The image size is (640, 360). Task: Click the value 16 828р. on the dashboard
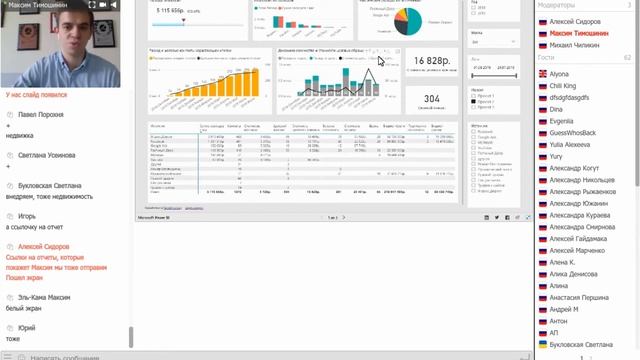click(433, 63)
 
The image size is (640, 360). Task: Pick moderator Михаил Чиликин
click(575, 45)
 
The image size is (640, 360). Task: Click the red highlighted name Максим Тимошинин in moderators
click(579, 33)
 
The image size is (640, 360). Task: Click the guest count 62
click(627, 58)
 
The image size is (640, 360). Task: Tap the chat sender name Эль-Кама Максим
click(44, 297)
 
